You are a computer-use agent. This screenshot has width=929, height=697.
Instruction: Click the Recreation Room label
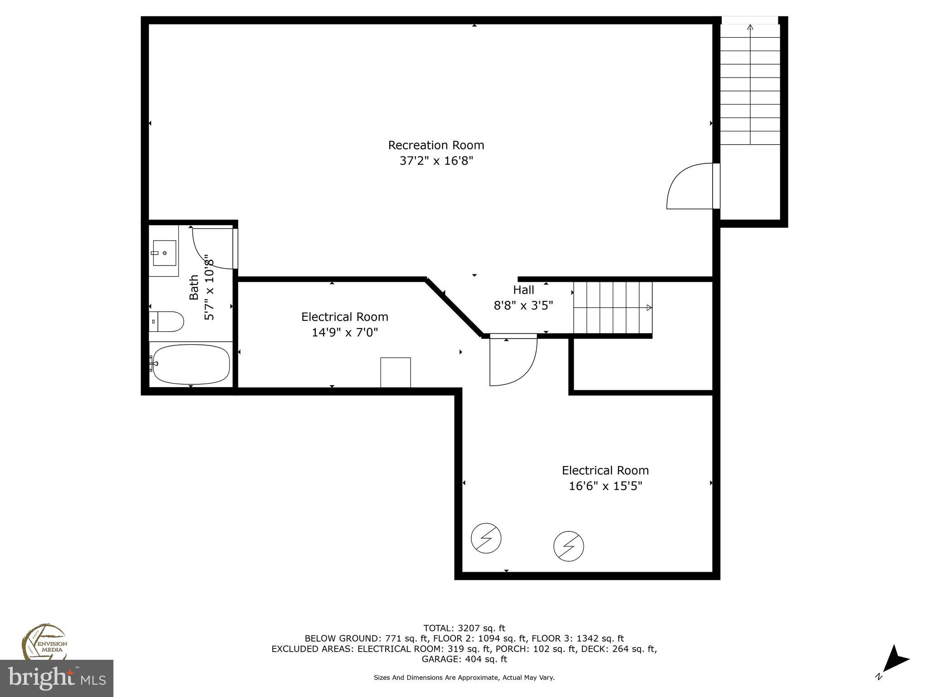pos(436,145)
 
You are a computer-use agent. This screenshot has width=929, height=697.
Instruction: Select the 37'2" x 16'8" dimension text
pos(436,161)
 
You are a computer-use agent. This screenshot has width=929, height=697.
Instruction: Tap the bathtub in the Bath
pos(191,364)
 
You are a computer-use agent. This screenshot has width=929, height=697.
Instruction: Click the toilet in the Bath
pos(167,321)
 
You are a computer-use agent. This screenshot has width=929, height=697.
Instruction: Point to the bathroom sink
pos(164,253)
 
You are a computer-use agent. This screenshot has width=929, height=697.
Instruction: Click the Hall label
pos(523,290)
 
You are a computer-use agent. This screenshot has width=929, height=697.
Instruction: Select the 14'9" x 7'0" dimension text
pos(345,333)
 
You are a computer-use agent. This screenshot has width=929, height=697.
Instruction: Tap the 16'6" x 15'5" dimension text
pos(606,486)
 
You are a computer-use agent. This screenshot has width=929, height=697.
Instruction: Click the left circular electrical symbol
pos(486,538)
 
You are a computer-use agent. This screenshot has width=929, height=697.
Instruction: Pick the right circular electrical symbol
pos(568,546)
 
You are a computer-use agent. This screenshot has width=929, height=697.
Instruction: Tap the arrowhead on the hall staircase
pos(649,308)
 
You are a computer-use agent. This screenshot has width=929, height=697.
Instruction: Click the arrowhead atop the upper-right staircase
pos(750,28)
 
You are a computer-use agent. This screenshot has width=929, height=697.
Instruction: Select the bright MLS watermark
pos(56,678)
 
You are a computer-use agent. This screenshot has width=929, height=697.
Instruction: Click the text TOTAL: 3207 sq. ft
pos(464,628)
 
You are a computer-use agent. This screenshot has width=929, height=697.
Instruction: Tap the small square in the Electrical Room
pos(396,373)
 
